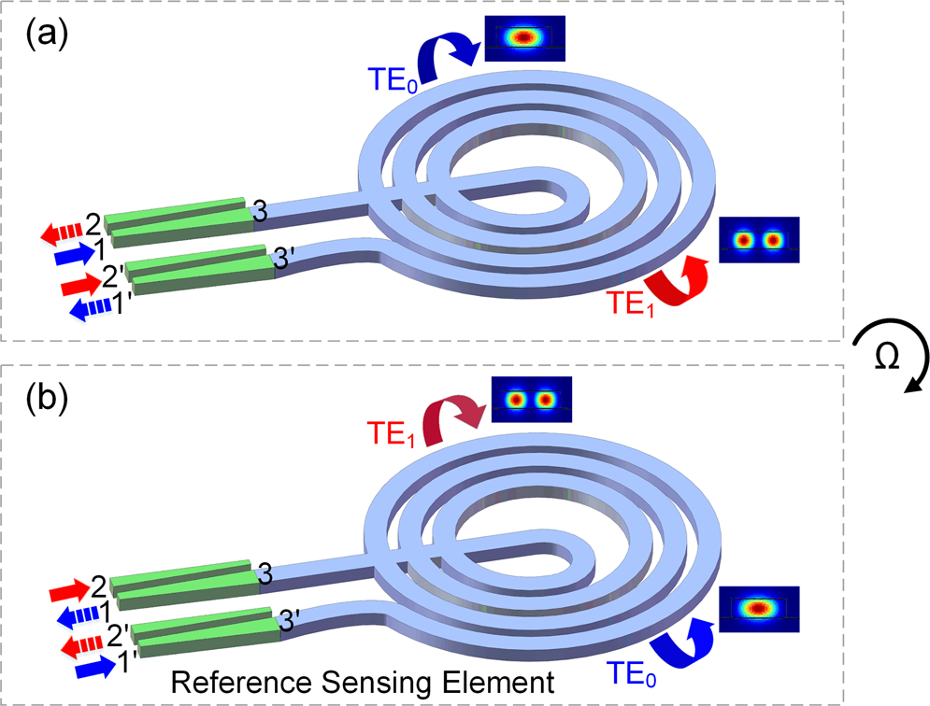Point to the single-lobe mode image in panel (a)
[x=524, y=36]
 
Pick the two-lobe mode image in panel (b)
[x=529, y=401]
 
